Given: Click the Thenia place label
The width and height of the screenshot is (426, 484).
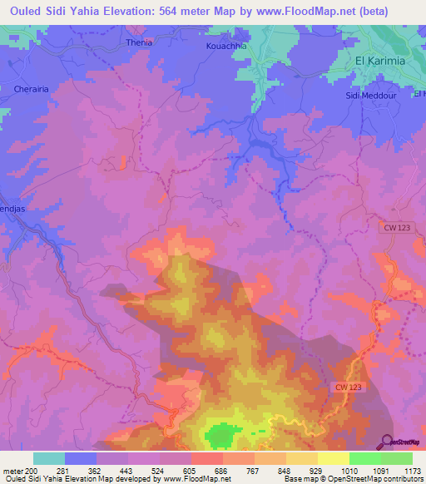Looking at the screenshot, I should [x=136, y=42].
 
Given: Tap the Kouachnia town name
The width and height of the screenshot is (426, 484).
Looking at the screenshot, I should [x=227, y=46].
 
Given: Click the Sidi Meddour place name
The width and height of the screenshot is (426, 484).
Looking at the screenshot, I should [x=368, y=96].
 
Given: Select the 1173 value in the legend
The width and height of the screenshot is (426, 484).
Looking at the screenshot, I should [x=411, y=471].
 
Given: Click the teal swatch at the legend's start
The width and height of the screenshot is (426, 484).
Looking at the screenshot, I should [x=49, y=458].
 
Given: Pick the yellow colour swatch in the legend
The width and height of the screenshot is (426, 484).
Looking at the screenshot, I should [x=333, y=458].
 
